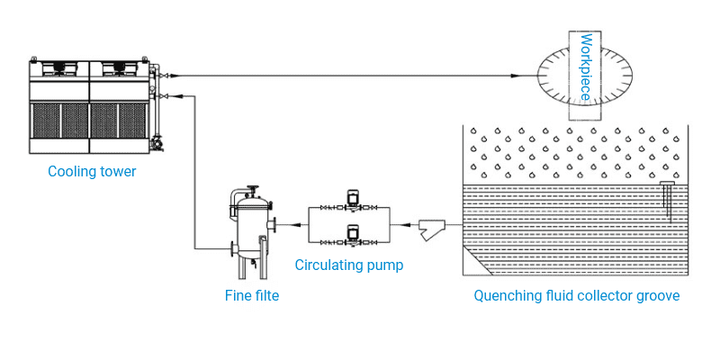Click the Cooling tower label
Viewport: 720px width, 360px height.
pos(92,171)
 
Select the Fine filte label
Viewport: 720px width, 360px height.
pos(251,294)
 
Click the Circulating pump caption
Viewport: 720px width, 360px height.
pos(349,265)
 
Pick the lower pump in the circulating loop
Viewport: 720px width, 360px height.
pos(352,236)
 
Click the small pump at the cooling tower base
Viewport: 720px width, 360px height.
pos(159,142)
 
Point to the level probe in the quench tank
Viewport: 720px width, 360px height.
pos(668,198)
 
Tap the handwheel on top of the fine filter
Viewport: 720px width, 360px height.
pos(255,189)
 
